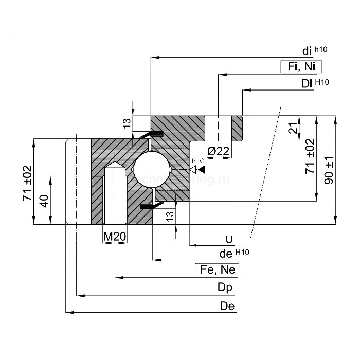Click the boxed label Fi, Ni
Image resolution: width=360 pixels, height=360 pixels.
[x=301, y=67]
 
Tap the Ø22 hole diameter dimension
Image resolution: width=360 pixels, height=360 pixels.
[x=218, y=151]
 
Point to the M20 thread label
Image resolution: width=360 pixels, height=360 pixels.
[x=115, y=236]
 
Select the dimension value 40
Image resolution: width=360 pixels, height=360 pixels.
[x=45, y=201]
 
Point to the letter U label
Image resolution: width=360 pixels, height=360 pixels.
[x=229, y=239]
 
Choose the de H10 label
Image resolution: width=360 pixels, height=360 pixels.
[x=234, y=253]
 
